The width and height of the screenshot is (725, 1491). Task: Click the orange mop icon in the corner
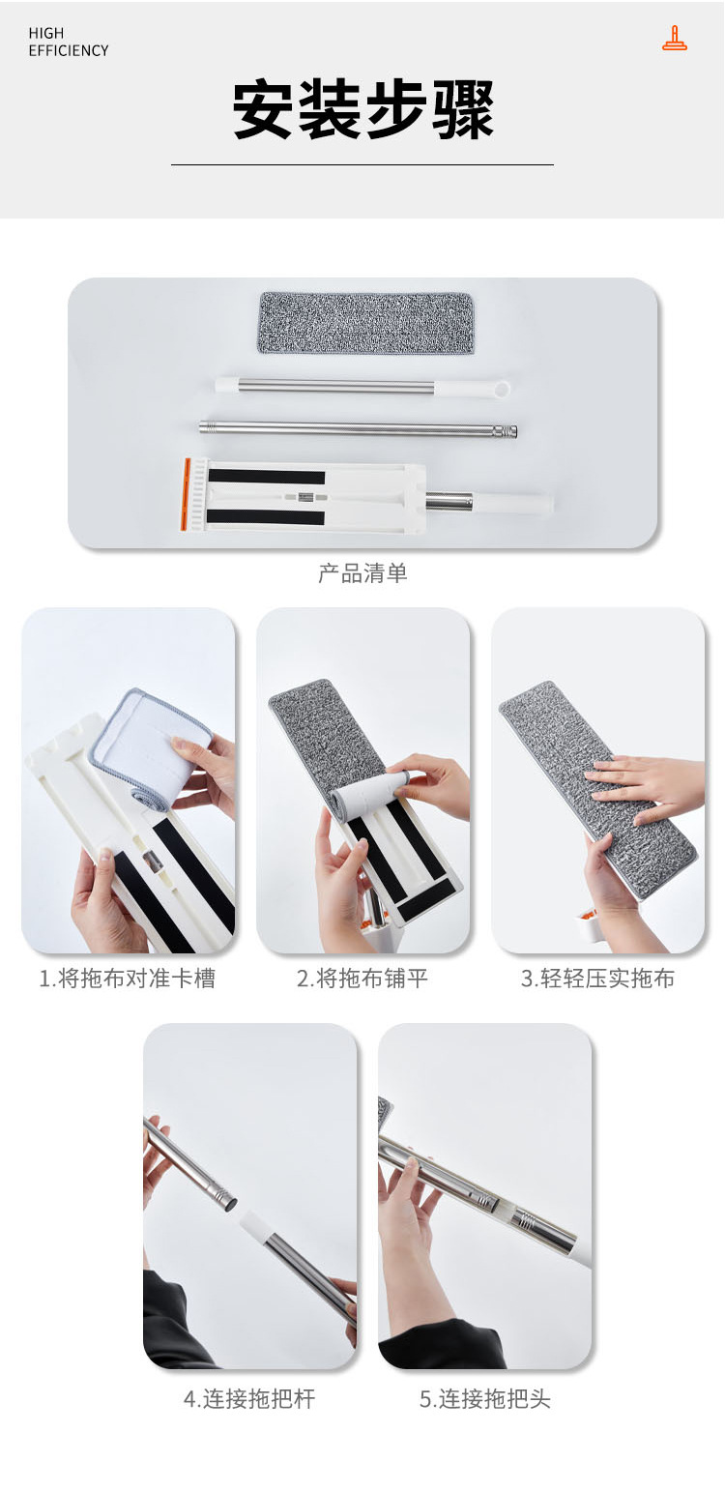[x=675, y=39]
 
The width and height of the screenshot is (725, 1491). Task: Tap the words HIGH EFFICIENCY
[x=68, y=42]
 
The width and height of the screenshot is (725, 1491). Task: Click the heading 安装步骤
[x=362, y=110]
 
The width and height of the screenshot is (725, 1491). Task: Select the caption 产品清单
[x=362, y=573]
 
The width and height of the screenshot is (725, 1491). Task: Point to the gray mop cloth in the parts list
[x=365, y=324]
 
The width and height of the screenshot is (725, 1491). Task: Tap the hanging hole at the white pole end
[x=502, y=388]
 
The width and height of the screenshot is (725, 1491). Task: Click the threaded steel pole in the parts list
[x=359, y=429]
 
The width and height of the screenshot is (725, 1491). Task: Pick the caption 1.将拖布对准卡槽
[x=128, y=979]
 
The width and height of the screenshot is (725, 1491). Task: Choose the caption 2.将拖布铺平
[x=362, y=979]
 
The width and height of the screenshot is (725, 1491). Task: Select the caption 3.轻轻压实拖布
[x=597, y=979]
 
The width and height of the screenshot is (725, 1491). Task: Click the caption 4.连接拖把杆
[x=249, y=1398]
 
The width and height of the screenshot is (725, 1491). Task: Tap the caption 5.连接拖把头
[x=485, y=1398]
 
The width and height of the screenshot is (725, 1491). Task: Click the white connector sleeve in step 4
[x=255, y=1227]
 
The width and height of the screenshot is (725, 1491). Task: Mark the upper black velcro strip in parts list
[x=266, y=478]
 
